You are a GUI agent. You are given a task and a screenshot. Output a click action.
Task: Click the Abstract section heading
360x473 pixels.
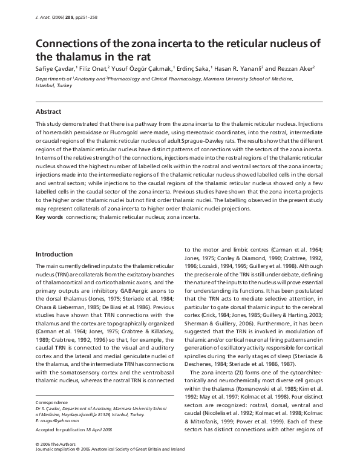click(x=50, y=111)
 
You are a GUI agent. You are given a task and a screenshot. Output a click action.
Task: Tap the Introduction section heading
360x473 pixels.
click(x=55, y=254)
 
